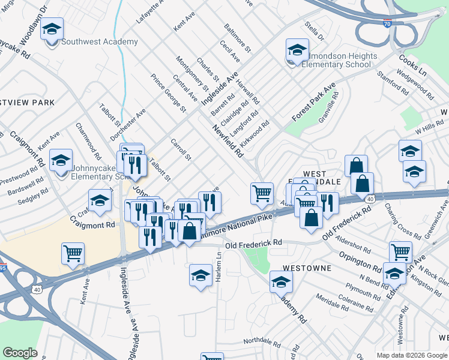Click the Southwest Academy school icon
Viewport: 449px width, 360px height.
click(52, 29)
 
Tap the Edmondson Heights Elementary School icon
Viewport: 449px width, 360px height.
click(297, 50)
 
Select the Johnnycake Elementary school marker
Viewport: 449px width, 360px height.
click(61, 160)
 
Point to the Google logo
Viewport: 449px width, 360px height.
click(20, 353)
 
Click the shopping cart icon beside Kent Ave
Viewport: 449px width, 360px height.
click(73, 253)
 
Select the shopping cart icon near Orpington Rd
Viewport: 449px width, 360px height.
click(400, 252)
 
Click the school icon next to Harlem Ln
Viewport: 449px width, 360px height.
click(200, 275)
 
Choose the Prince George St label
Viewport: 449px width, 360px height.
click(168, 92)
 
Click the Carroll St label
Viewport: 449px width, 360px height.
click(180, 149)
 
